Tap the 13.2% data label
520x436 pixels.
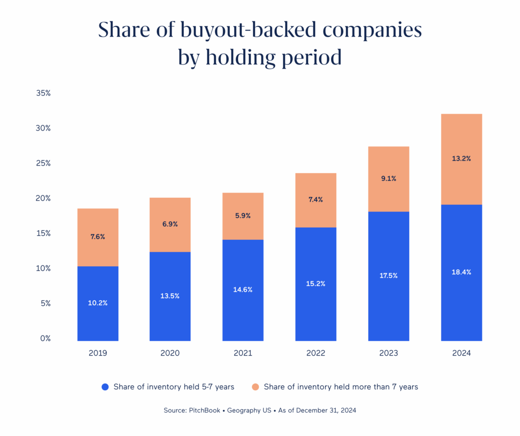click(461, 159)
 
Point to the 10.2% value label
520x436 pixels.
click(97, 303)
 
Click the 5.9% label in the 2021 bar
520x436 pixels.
click(243, 215)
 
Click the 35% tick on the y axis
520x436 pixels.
click(44, 94)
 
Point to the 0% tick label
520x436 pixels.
click(46, 338)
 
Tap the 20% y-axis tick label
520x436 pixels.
click(44, 198)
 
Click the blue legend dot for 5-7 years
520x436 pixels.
click(105, 387)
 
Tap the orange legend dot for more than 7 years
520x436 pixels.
click(255, 387)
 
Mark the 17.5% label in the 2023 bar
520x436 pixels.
click(388, 275)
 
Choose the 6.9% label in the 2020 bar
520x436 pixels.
click(170, 224)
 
